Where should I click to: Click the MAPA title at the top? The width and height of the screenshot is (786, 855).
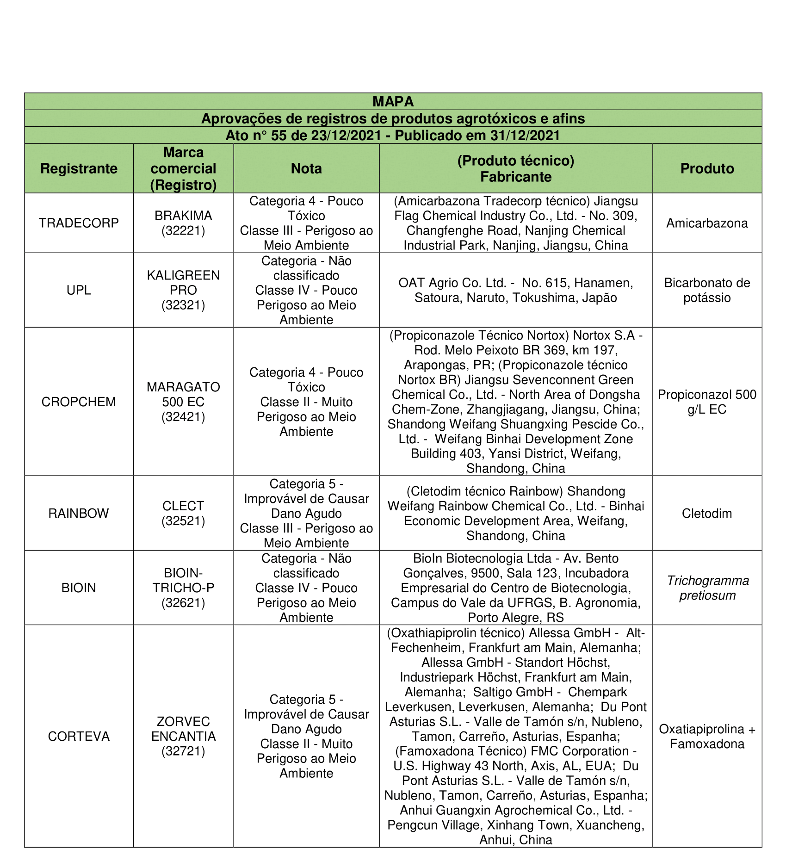tap(393, 101)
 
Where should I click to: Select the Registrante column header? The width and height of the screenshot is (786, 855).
tap(79, 168)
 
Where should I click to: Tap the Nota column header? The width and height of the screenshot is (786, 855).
tap(306, 168)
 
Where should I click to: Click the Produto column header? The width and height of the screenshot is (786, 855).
tap(707, 168)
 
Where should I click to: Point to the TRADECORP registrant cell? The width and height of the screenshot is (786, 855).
tap(79, 223)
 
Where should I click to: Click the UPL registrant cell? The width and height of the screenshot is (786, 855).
tap(79, 290)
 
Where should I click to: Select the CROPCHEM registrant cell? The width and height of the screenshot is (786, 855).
tap(79, 402)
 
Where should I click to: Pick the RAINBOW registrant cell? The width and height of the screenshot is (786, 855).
tap(79, 513)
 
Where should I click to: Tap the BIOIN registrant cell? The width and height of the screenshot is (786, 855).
tap(79, 588)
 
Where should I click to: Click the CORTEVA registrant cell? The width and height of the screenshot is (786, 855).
tap(79, 736)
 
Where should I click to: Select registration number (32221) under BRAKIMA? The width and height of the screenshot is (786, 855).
tap(183, 230)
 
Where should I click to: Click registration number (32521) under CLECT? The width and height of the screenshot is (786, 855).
tap(183, 521)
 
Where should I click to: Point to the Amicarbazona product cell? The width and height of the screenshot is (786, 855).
tap(707, 223)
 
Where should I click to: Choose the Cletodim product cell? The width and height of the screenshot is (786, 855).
tap(707, 513)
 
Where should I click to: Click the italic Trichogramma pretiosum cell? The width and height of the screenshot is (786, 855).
tap(707, 588)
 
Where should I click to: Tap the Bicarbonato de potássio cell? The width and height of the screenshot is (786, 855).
tap(707, 290)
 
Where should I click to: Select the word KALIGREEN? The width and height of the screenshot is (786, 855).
tap(183, 275)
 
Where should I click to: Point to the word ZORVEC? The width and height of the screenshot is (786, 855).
tap(183, 721)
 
